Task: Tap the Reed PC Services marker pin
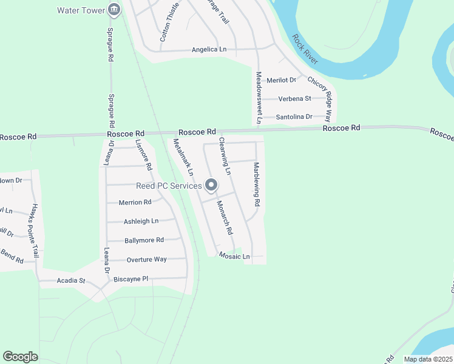(x=211, y=185)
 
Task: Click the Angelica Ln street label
(x=209, y=50)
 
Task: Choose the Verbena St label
(x=294, y=98)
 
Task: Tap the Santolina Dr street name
(x=294, y=116)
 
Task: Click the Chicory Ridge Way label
(x=320, y=99)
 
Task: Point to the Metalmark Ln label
(x=183, y=157)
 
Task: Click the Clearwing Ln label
(x=225, y=156)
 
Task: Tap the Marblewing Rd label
(x=257, y=183)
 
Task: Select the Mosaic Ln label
(x=234, y=257)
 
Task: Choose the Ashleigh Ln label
(x=141, y=221)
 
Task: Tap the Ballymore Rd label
(x=144, y=240)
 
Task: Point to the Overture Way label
(x=146, y=260)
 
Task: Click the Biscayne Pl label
(x=130, y=279)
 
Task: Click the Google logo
(x=20, y=357)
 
